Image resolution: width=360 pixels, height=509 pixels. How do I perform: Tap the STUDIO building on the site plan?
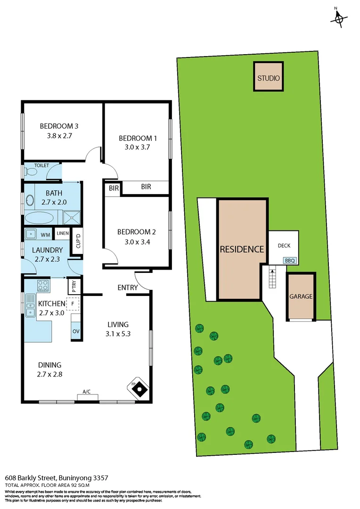pyautogui.click(x=269, y=78)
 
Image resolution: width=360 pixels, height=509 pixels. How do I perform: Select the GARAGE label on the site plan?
pyautogui.click(x=301, y=296)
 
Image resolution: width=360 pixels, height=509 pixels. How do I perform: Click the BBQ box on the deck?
pyautogui.click(x=289, y=260)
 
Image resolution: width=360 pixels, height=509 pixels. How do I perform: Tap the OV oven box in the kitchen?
pyautogui.click(x=76, y=331)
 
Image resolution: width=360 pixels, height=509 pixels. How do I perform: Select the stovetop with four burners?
pyautogui.click(x=43, y=285)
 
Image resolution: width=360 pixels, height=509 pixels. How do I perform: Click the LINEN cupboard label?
pyautogui.click(x=62, y=234)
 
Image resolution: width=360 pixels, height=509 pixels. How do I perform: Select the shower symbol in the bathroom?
pyautogui.click(x=72, y=218)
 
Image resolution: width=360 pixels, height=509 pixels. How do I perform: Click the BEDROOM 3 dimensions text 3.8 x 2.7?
pyautogui.click(x=58, y=136)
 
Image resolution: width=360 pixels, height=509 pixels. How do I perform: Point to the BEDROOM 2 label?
pyautogui.click(x=136, y=232)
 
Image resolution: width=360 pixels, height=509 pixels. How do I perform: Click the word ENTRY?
pyautogui.click(x=128, y=287)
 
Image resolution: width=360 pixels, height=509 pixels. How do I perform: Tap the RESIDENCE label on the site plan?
pyautogui.click(x=242, y=249)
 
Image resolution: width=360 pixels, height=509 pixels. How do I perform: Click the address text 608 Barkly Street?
pyautogui.click(x=51, y=477)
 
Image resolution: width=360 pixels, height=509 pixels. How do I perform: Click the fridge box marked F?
pyautogui.click(x=73, y=304)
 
